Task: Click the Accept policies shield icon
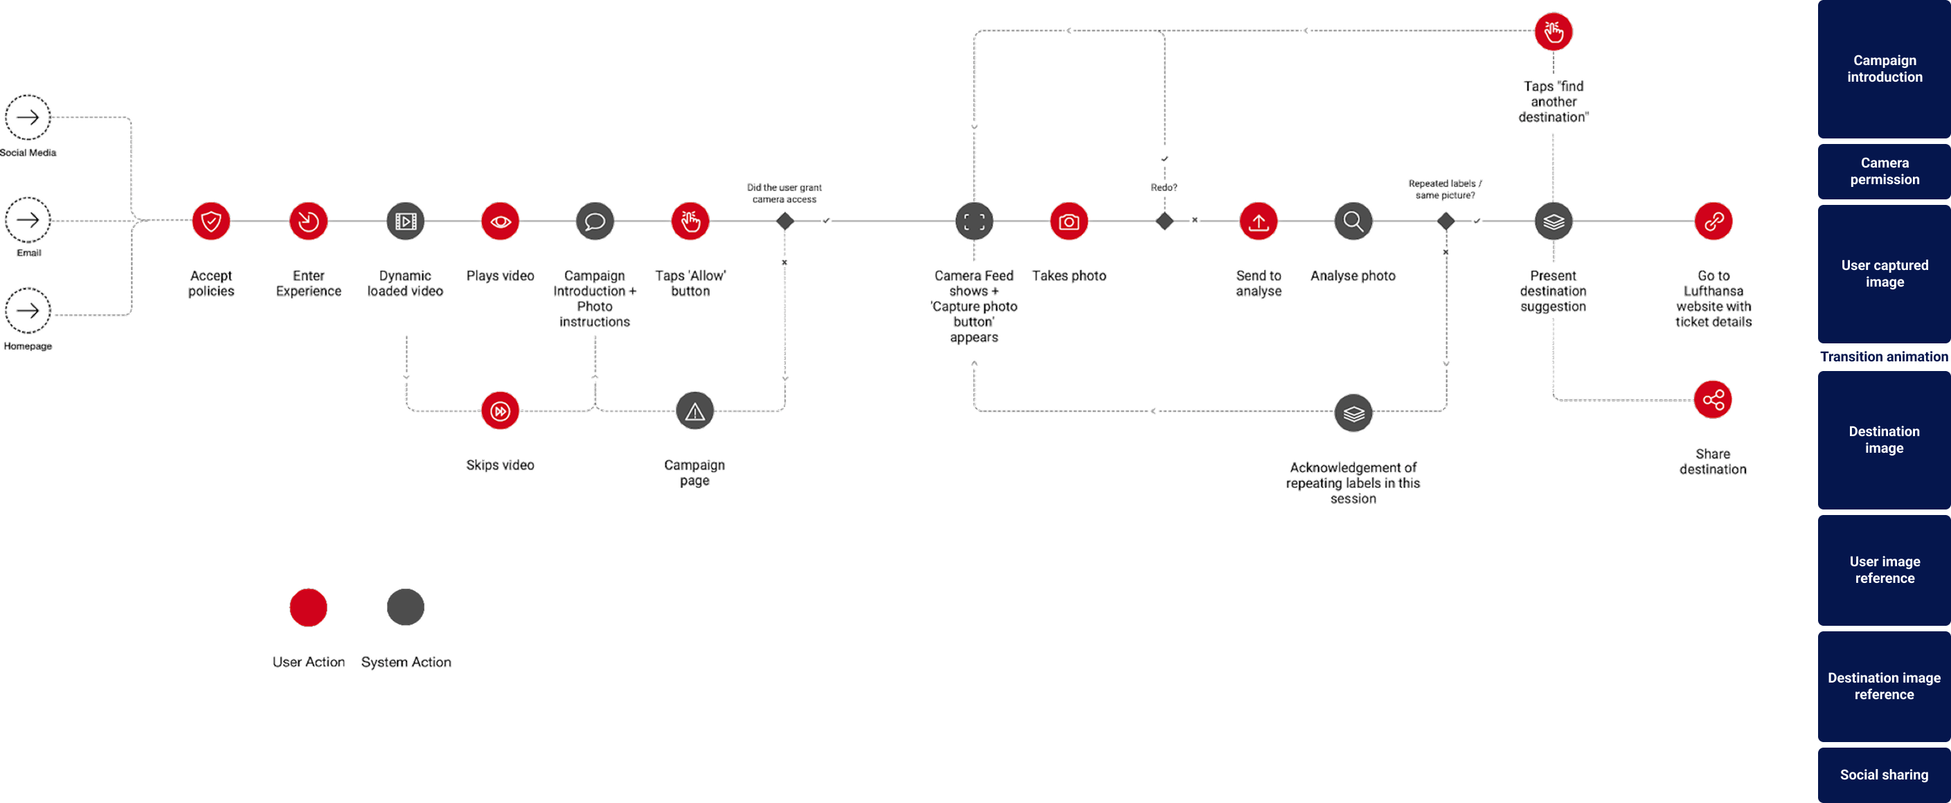210,222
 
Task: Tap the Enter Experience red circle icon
308,222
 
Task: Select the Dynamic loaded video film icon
405,222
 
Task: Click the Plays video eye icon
500,222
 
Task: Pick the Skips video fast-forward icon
500,411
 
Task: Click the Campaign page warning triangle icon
694,411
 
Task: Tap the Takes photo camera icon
1069,222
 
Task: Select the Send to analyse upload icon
1258,222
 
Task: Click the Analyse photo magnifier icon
1353,222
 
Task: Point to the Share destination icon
1712,399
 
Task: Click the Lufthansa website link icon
1712,222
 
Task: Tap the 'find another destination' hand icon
1553,32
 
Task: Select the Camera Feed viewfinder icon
974,222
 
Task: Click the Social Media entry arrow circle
28,118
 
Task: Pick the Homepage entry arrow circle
28,311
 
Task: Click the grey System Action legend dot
405,607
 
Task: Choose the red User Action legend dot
308,607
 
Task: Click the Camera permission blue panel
1884,171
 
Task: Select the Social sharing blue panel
1884,774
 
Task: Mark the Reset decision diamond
1164,222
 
